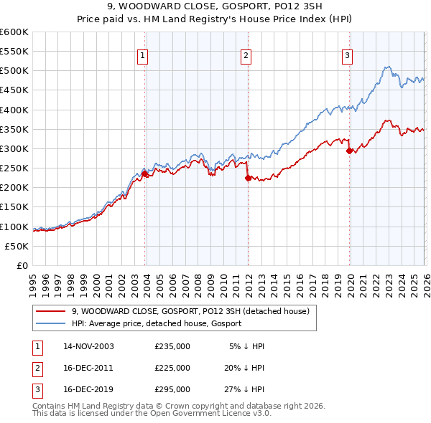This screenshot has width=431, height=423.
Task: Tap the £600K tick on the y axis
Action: pyautogui.click(x=14, y=32)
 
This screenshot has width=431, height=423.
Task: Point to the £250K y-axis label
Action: pyautogui.click(x=14, y=168)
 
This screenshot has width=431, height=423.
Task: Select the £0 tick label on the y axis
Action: pyautogui.click(x=23, y=265)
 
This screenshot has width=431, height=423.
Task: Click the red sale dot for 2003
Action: pyautogui.click(x=145, y=174)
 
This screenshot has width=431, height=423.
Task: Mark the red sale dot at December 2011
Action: pyautogui.click(x=248, y=178)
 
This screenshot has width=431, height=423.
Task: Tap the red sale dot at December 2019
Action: pyautogui.click(x=349, y=151)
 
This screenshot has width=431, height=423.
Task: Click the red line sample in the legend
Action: pyautogui.click(x=52, y=311)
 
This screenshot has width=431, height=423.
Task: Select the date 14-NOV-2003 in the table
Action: pyautogui.click(x=88, y=346)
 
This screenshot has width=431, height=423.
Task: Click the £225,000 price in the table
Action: pyautogui.click(x=172, y=368)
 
